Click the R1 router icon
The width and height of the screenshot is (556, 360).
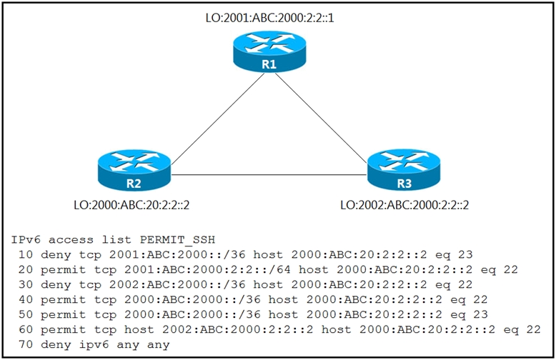tap(269, 51)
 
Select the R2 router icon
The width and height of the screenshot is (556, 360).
tap(134, 171)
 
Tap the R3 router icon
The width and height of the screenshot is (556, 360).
tap(404, 171)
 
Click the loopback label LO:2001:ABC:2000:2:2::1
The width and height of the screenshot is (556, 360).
tap(270, 18)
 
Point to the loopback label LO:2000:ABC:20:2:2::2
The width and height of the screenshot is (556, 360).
tap(131, 205)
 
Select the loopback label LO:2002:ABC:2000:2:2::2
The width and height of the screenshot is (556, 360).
tap(404, 205)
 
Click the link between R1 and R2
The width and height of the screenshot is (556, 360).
tap(218, 119)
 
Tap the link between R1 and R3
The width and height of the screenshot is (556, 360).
tap(321, 118)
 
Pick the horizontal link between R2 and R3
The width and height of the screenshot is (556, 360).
tap(269, 175)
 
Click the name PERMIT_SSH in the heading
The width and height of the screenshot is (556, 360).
tap(177, 240)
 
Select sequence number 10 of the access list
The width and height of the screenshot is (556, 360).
tap(26, 254)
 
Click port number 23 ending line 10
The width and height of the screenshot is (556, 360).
tap(465, 254)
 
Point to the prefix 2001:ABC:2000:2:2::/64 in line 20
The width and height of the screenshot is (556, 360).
tap(207, 270)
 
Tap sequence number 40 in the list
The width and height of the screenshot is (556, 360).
tap(26, 299)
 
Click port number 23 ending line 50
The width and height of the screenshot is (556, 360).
tap(480, 314)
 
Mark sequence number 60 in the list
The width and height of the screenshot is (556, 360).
tap(26, 329)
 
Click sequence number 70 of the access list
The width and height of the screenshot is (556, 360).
tap(26, 344)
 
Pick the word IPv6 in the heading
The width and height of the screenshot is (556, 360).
tap(26, 239)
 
